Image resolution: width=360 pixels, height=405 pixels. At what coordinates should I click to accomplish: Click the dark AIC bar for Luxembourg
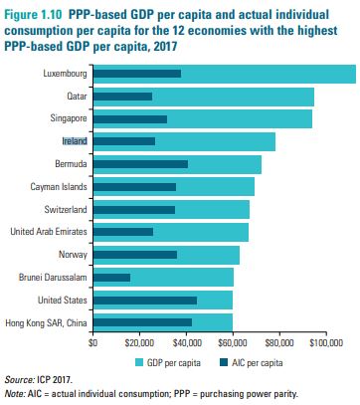pyautogui.click(x=137, y=74)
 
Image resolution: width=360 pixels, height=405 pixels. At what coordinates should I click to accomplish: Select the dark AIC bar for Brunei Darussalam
pyautogui.click(x=111, y=278)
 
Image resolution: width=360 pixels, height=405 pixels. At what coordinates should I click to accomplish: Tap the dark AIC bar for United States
pyautogui.click(x=145, y=301)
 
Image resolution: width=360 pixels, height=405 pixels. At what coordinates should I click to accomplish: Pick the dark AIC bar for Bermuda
pyautogui.click(x=140, y=164)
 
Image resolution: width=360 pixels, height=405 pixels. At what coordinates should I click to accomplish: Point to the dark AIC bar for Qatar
pyautogui.click(x=122, y=97)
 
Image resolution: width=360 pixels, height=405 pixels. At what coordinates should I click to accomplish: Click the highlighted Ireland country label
pyautogui.click(x=75, y=141)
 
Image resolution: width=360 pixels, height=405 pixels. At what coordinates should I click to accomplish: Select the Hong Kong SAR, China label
pyautogui.click(x=46, y=323)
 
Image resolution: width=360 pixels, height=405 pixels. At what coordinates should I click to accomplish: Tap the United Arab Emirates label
pyautogui.click(x=49, y=232)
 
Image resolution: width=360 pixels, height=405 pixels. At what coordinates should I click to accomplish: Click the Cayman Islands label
pyautogui.click(x=59, y=187)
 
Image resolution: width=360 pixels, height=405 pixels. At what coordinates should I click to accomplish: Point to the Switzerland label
pyautogui.click(x=66, y=210)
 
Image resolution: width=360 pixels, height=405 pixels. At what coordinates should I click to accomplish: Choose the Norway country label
pyautogui.click(x=73, y=255)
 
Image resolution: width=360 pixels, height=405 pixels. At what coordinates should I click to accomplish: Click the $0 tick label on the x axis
pyautogui.click(x=92, y=342)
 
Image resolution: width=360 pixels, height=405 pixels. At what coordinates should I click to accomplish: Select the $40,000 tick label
pyautogui.click(x=186, y=342)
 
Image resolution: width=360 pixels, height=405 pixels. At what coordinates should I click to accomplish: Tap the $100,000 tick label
pyautogui.click(x=326, y=342)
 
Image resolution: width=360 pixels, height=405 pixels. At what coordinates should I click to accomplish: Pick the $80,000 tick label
pyautogui.click(x=279, y=342)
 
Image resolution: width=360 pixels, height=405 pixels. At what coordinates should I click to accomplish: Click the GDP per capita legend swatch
pyautogui.click(x=139, y=363)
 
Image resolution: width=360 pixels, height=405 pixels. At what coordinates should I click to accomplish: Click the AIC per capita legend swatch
pyautogui.click(x=224, y=363)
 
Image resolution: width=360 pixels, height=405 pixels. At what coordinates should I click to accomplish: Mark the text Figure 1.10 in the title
pyautogui.click(x=33, y=15)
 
